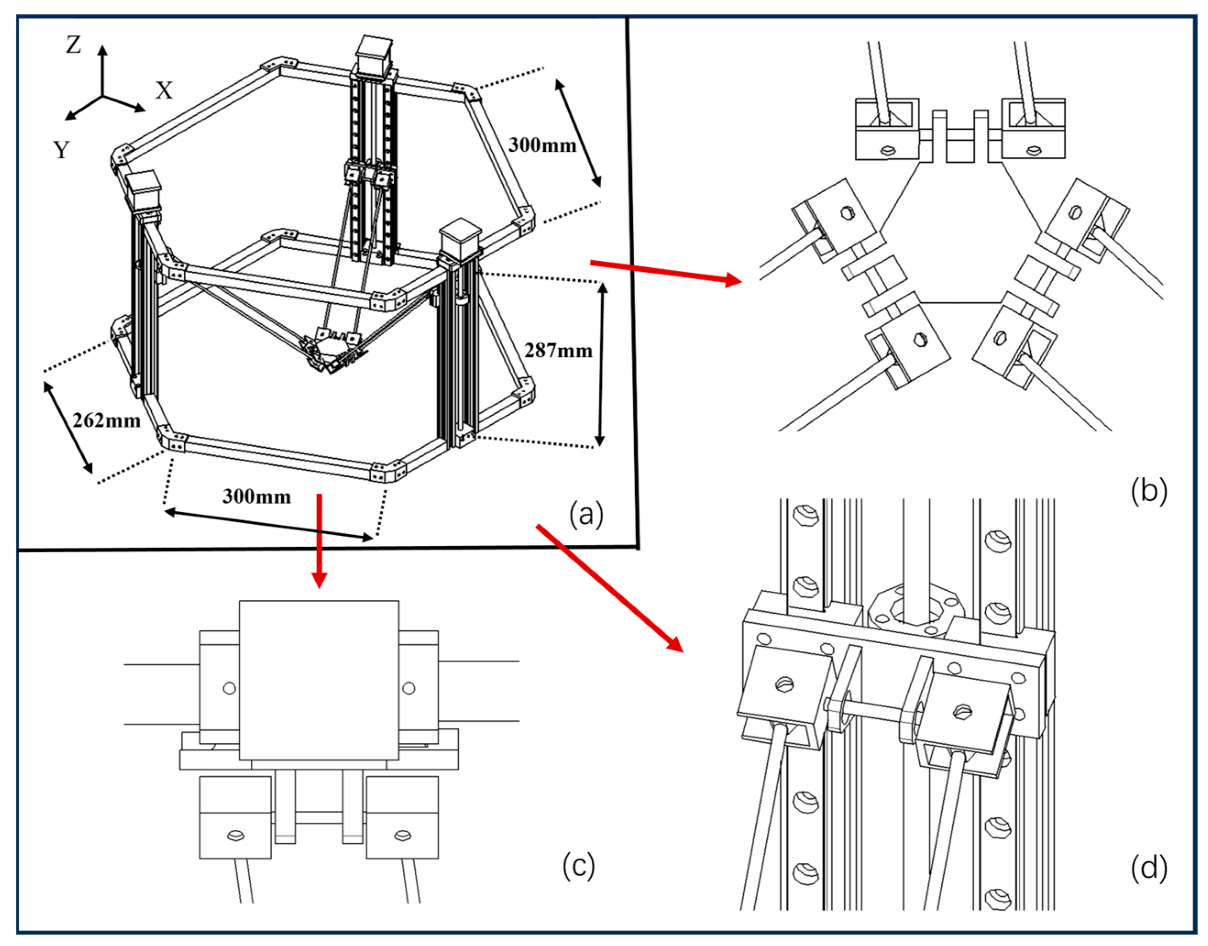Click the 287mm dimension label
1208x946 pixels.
coord(558,350)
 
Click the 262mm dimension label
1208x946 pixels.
coord(106,420)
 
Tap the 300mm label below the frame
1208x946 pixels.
coord(257,496)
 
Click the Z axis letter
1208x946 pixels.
coord(74,45)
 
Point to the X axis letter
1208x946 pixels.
coord(164,90)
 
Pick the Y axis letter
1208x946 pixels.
coord(61,149)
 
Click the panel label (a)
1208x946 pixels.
coord(586,513)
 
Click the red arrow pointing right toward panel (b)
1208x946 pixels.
coord(664,271)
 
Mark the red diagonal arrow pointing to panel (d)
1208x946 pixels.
coord(609,587)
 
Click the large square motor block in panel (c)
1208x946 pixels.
coord(318,680)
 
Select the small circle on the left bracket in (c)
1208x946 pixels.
coord(229,688)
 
